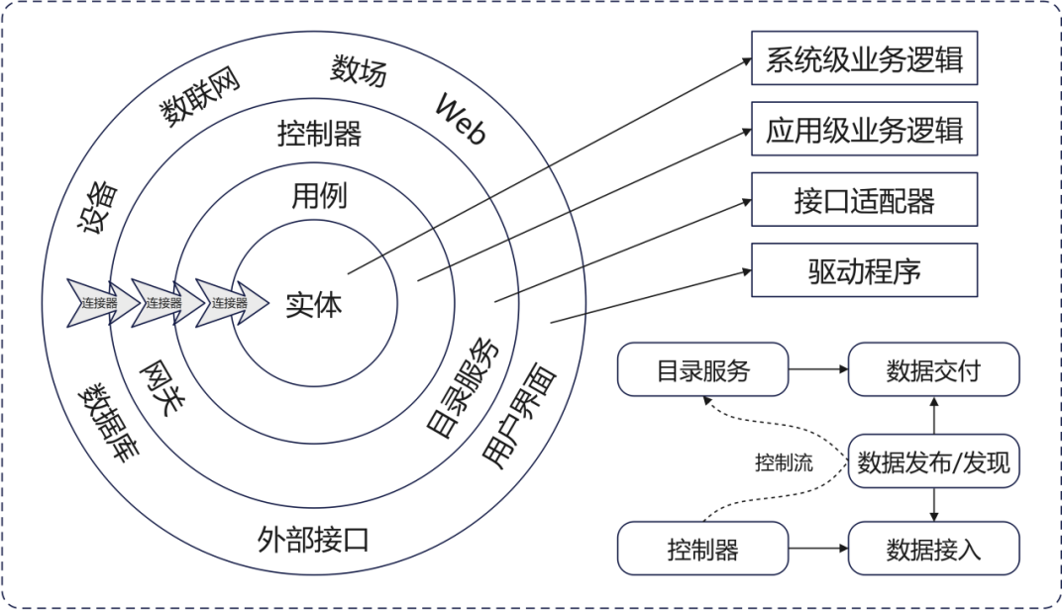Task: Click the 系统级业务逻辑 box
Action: pyautogui.click(x=865, y=59)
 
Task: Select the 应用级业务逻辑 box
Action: pyautogui.click(x=865, y=129)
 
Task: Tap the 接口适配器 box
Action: pyautogui.click(x=865, y=201)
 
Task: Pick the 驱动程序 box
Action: pyautogui.click(x=865, y=270)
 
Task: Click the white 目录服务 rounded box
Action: pyautogui.click(x=702, y=371)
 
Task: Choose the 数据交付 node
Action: pyautogui.click(x=933, y=371)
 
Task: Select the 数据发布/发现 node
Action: pyautogui.click(x=933, y=461)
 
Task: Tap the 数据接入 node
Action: pyautogui.click(x=933, y=550)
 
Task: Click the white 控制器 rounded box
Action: pyautogui.click(x=702, y=550)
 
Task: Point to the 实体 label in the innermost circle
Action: pyautogui.click(x=314, y=305)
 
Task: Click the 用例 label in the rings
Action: pyautogui.click(x=319, y=196)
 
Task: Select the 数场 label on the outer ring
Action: pyautogui.click(x=359, y=71)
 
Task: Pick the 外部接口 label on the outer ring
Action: pyautogui.click(x=313, y=540)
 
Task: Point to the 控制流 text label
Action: pyautogui.click(x=784, y=462)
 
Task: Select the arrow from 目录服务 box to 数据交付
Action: pyautogui.click(x=818, y=371)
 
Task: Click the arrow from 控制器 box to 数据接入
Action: pyautogui.click(x=818, y=550)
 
